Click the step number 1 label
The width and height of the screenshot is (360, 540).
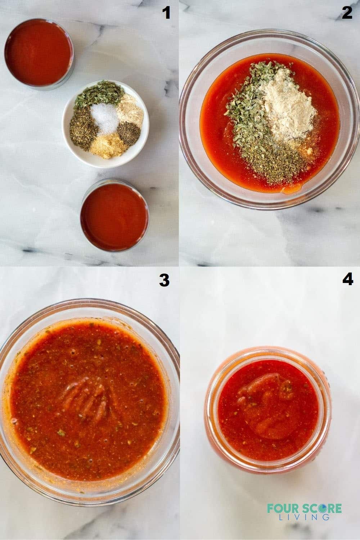click(166, 13)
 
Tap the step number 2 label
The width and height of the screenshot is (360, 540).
click(347, 13)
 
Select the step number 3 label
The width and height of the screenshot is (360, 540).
click(164, 280)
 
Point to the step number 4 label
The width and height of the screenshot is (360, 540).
click(347, 280)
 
